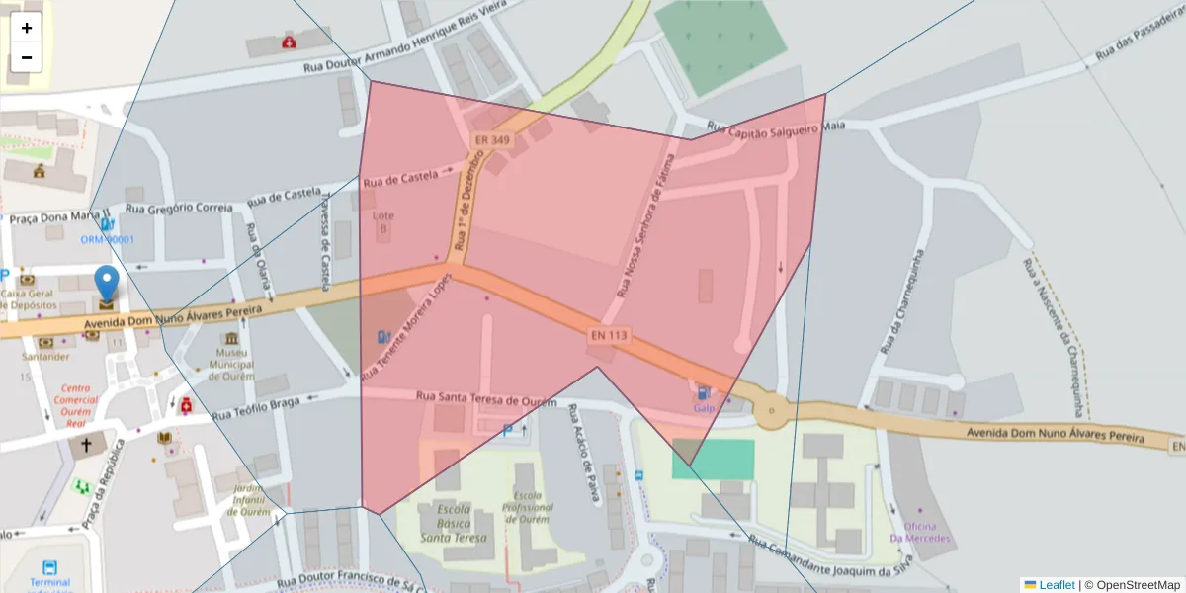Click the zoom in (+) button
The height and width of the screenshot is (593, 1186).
click(27, 28)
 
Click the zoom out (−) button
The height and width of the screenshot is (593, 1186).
click(27, 57)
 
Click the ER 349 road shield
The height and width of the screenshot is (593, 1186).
click(492, 140)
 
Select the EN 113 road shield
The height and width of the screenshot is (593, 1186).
click(609, 335)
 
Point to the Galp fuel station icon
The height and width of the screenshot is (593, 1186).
click(703, 392)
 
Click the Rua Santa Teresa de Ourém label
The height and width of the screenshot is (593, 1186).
click(486, 398)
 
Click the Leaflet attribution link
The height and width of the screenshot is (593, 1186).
click(1056, 585)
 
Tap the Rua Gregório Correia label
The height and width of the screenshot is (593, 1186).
click(179, 208)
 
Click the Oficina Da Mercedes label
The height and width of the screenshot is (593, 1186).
click(920, 533)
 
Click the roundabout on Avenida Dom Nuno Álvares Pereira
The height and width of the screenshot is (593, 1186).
click(771, 409)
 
